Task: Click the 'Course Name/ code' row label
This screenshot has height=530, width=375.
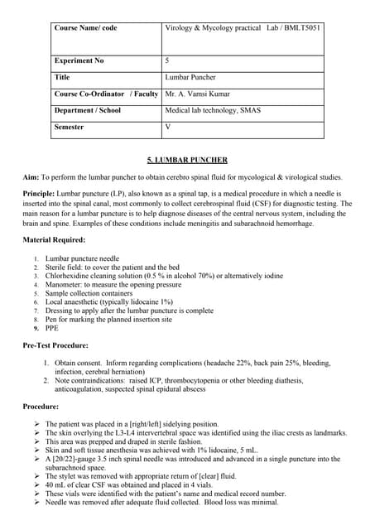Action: (x=85, y=28)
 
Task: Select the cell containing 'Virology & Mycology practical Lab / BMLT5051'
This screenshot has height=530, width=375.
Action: (x=243, y=28)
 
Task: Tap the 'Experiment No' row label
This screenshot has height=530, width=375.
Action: (x=80, y=60)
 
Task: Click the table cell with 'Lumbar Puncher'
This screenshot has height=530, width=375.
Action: (x=191, y=77)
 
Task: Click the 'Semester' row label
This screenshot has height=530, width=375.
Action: (x=73, y=127)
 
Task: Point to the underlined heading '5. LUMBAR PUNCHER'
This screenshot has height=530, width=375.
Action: (x=187, y=160)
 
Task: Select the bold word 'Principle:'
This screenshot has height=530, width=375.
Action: (x=39, y=195)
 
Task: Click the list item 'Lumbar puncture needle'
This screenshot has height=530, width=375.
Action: (x=82, y=259)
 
